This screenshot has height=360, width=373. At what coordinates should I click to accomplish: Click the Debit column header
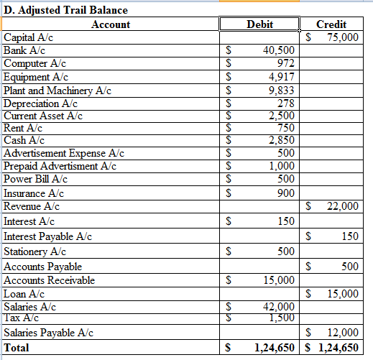coord(259,24)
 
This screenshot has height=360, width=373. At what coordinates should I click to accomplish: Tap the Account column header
coord(111,24)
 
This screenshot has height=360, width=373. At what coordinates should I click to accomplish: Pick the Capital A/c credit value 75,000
coord(341,37)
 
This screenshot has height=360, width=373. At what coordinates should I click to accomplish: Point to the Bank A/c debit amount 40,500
coord(279,50)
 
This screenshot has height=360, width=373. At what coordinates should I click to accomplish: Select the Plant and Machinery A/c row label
coord(57,90)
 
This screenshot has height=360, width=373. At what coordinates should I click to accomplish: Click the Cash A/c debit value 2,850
coord(281,140)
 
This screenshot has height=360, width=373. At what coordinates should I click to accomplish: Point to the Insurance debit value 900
coord(285,193)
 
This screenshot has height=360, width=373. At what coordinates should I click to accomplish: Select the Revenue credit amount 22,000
coord(341,206)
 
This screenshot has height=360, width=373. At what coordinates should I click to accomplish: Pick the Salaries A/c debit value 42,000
coord(279,308)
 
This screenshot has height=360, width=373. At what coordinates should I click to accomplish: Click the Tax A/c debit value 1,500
coord(281,317)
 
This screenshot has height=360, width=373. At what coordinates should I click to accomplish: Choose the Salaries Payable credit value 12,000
coord(341,333)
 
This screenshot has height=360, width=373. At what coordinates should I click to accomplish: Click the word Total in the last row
coord(19,348)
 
